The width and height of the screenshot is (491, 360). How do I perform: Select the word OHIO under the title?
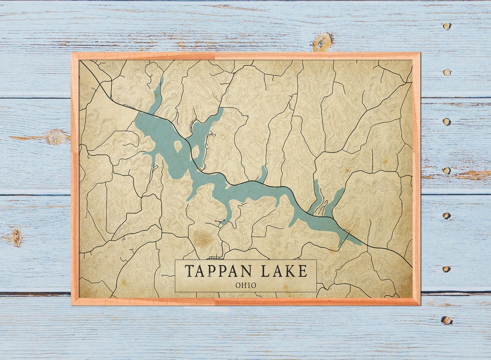(245, 285)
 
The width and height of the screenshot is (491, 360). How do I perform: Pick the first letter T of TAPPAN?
(188, 271)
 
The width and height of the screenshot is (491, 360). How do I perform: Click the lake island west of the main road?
(178, 146)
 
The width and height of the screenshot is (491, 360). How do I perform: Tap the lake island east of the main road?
(196, 150)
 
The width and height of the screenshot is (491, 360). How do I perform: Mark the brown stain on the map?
(203, 240)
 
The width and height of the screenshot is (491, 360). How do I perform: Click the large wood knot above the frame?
(322, 42)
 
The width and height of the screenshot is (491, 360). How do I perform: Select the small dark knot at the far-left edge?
(17, 237)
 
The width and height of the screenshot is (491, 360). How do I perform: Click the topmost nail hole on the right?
(446, 26)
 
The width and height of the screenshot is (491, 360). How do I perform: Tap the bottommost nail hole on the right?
(446, 320)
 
